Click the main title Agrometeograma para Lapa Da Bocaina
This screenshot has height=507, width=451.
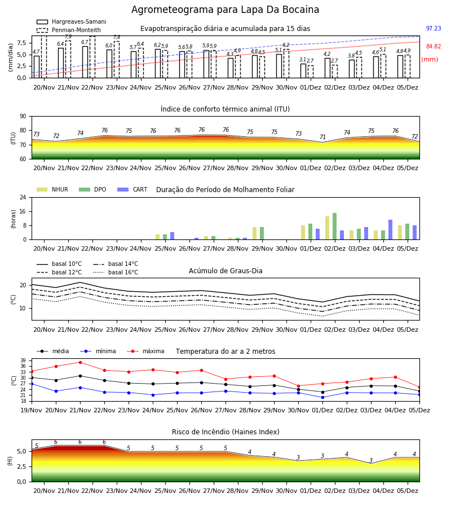[225, 10]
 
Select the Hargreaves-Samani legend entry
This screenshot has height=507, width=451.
[71, 21]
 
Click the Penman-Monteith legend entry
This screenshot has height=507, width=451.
[69, 30]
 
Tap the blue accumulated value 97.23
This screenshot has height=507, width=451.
[434, 29]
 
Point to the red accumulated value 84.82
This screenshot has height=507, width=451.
[434, 46]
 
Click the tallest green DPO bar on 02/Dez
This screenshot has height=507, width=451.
[334, 226]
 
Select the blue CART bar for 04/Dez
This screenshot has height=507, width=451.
[391, 230]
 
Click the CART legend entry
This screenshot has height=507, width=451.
[132, 189]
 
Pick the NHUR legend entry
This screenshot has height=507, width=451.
[52, 189]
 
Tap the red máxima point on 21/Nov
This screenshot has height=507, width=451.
[80, 362]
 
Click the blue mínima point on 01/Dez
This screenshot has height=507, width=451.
[322, 397]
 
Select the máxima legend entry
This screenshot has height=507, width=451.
[145, 351]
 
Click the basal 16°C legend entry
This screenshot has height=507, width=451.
[116, 272]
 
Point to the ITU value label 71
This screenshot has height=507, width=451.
[322, 137]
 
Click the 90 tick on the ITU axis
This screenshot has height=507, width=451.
[23, 117]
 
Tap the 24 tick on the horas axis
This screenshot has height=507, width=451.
[23, 197]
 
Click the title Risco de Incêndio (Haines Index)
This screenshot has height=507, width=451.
[225, 432]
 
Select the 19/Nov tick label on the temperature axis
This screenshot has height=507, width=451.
[32, 410]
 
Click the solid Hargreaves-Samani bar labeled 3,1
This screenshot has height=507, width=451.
[303, 71]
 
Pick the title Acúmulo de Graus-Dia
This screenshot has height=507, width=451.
[225, 271]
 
